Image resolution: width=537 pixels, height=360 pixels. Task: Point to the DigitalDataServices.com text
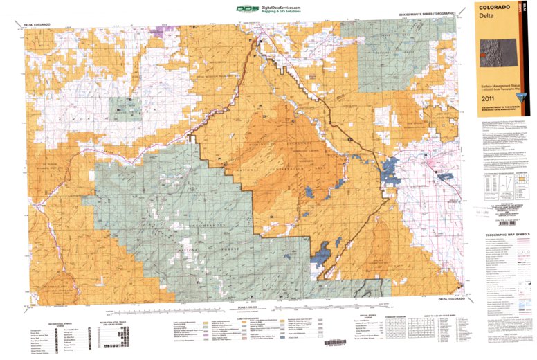(x=284, y=6)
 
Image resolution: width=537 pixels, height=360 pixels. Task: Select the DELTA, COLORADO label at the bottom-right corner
(x=441, y=298)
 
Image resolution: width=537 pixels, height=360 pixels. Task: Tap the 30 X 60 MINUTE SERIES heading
(x=427, y=14)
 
